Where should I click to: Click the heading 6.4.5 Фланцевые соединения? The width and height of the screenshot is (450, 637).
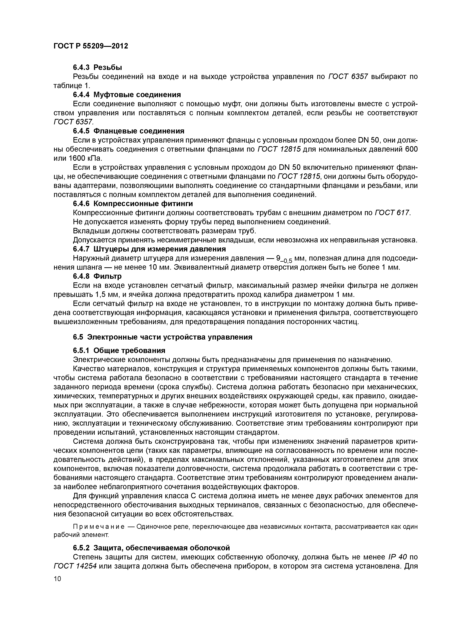[x=128, y=131]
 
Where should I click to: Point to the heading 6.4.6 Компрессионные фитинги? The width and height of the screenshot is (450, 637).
[x=133, y=203]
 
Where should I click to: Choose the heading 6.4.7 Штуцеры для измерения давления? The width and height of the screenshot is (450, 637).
[x=149, y=249]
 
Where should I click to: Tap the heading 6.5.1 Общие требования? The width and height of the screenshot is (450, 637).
[x=119, y=351]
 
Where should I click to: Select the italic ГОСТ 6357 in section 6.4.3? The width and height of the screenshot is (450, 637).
[x=348, y=77]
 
